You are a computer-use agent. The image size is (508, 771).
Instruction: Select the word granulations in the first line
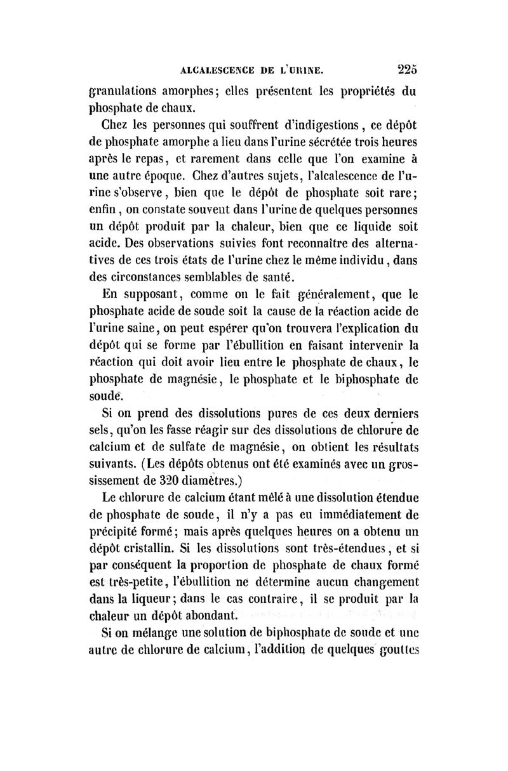(125, 90)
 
